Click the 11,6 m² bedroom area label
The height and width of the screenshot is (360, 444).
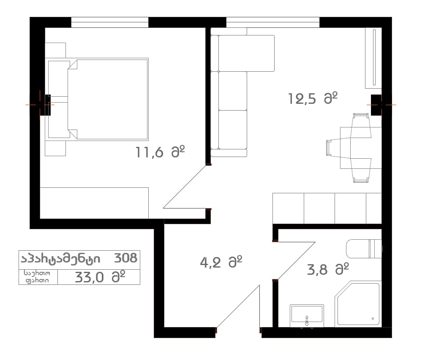pos(160,152)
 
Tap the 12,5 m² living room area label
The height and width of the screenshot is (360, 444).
pos(313,98)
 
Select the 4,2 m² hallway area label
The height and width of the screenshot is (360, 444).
pos(221,262)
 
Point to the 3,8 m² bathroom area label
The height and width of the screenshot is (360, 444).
pos(328,269)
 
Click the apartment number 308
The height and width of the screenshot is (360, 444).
pos(125,258)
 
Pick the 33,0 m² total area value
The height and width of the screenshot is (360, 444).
pos(100,277)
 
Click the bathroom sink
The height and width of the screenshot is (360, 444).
pos(307,315)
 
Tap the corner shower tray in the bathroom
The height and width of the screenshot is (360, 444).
pos(357,304)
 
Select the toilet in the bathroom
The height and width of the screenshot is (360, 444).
pos(364,249)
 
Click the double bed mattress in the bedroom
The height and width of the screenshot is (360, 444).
pos(108,99)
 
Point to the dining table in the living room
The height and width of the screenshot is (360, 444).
pos(361,148)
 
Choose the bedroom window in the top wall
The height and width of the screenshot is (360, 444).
pos(109,22)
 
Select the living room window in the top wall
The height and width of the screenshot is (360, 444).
pos(272,22)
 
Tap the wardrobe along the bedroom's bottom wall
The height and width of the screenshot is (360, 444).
pos(94,203)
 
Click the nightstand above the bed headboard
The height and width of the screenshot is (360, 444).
pos(55,50)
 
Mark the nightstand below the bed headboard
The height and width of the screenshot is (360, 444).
pos(55,148)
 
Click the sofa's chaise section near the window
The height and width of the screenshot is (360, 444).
pos(246,53)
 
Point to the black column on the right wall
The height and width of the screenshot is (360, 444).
pos(376,105)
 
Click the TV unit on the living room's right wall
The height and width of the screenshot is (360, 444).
pos(373,58)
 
